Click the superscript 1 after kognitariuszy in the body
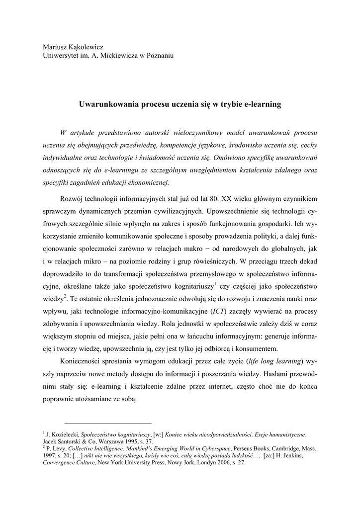coord(215,284)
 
